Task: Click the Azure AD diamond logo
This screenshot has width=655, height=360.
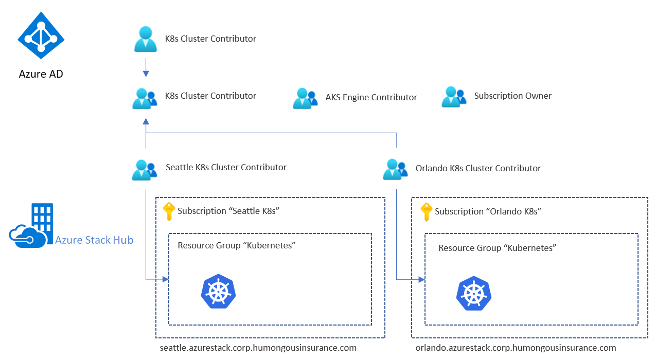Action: pyautogui.click(x=41, y=35)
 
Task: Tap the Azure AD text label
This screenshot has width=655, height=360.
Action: pyautogui.click(x=41, y=74)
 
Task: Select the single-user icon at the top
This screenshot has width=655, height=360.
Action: pyautogui.click(x=146, y=39)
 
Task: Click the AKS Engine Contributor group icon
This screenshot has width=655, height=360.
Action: pyautogui.click(x=305, y=98)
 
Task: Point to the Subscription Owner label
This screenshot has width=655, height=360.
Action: pyautogui.click(x=512, y=96)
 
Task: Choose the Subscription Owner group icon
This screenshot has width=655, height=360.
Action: pyautogui.click(x=453, y=97)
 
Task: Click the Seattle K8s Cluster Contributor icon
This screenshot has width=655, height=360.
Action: pyautogui.click(x=144, y=170)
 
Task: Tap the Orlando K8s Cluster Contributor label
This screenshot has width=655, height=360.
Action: pyautogui.click(x=478, y=168)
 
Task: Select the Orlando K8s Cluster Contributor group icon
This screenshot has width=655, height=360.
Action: pyautogui.click(x=395, y=169)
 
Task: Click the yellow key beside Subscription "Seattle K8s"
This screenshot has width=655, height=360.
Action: pyautogui.click(x=169, y=211)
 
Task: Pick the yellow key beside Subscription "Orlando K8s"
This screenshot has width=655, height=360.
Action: pyautogui.click(x=426, y=211)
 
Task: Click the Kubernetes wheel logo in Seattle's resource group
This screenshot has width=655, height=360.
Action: pyautogui.click(x=218, y=292)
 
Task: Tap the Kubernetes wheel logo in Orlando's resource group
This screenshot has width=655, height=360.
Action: pyautogui.click(x=473, y=294)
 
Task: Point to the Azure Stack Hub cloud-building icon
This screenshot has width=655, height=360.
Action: pyautogui.click(x=31, y=226)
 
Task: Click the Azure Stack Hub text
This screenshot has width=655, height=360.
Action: pyautogui.click(x=94, y=240)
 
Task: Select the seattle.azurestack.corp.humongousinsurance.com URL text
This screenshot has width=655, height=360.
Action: pyautogui.click(x=258, y=348)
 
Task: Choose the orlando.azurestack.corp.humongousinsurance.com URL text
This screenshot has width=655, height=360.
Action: pyautogui.click(x=516, y=348)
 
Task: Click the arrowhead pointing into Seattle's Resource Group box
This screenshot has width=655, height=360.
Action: pyautogui.click(x=166, y=279)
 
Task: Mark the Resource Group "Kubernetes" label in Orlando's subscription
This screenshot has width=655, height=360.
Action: pyautogui.click(x=497, y=248)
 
